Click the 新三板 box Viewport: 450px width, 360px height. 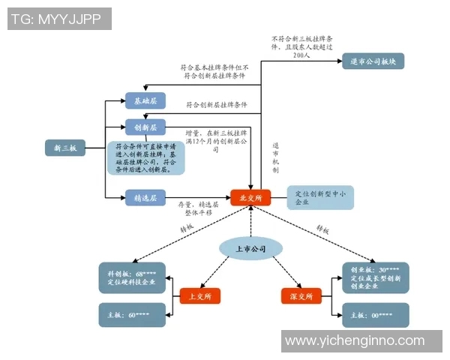coord(65,148)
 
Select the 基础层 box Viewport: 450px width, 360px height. coord(145,100)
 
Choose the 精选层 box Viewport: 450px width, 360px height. coord(145,198)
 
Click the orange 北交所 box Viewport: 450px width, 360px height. coord(250,198)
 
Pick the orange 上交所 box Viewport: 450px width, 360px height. coord(200,296)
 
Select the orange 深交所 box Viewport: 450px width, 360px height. coord(301,296)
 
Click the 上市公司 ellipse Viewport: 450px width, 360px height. coord(249,247)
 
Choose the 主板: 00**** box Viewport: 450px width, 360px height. coord(375,314)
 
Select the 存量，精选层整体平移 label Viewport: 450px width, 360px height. coord(199,208)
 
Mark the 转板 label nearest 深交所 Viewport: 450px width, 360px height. coord(322,228)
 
